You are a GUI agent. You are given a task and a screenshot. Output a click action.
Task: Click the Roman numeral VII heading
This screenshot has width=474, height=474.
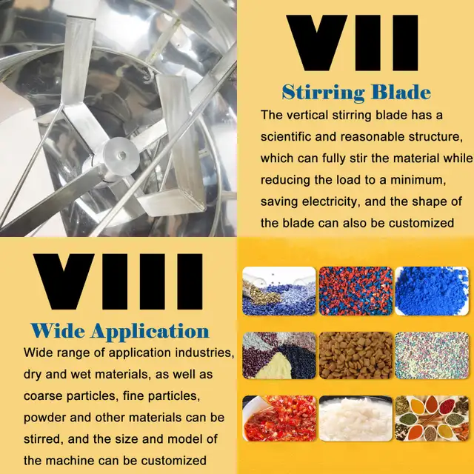[353, 43]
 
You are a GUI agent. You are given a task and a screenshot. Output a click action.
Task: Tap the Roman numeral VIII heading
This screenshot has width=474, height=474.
[118, 281]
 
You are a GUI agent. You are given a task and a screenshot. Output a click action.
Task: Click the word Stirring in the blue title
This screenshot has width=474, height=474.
[323, 92]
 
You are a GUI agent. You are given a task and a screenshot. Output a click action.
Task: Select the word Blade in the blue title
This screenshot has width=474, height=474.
[401, 92]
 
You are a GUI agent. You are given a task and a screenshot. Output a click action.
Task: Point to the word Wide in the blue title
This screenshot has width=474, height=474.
[58, 330]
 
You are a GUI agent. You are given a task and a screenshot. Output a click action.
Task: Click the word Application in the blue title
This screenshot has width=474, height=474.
[150, 332]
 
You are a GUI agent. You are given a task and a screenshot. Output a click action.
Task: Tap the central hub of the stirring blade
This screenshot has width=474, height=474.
[121, 156]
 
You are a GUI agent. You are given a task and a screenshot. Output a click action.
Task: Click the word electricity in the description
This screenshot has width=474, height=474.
[331, 201]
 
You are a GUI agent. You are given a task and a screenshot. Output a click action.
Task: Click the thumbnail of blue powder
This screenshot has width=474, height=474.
[432, 291]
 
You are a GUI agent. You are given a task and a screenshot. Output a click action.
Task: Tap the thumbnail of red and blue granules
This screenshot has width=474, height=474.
[355, 291]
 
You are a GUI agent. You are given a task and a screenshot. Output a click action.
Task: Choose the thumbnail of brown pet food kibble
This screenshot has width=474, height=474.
[355, 355]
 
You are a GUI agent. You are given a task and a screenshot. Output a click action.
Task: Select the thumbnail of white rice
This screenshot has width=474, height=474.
[355, 418]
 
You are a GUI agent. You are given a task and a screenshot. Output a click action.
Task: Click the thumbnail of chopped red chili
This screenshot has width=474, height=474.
[279, 418]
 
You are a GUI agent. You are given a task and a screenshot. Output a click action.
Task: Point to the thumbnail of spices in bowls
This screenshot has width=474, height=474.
[432, 418]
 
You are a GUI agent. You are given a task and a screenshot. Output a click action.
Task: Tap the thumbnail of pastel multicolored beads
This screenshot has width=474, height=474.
[432, 355]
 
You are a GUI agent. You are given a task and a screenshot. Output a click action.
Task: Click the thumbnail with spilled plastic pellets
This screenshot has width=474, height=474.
[279, 291]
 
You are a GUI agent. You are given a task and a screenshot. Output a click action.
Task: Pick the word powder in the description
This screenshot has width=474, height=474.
[44, 418]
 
